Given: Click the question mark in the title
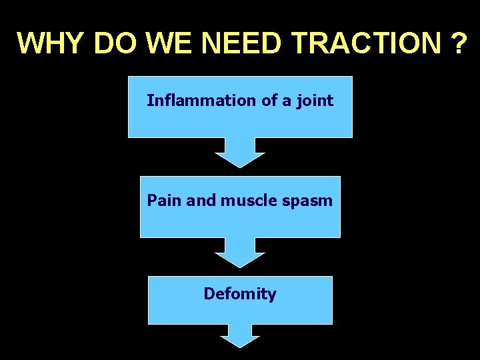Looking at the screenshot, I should tap(459, 43).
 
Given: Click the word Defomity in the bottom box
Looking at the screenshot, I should tap(240, 293).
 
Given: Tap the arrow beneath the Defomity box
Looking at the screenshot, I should tap(240, 336).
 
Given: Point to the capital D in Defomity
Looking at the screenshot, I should tap(209, 293).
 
